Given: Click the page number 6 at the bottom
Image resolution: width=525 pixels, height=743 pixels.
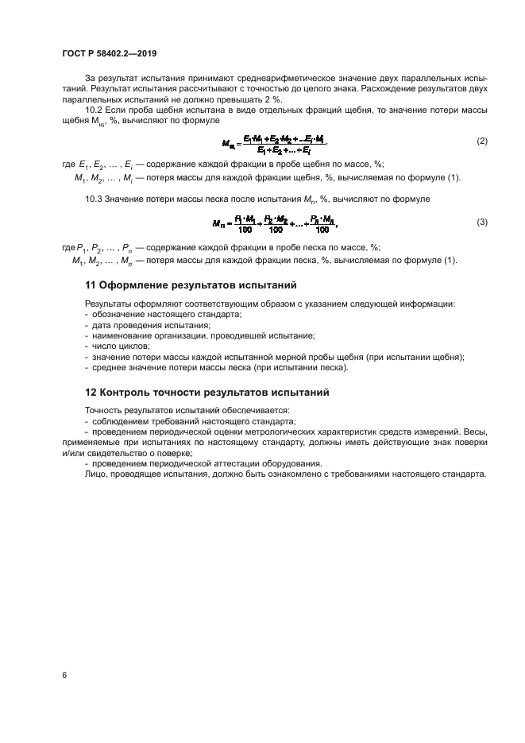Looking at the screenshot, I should tap(64, 675).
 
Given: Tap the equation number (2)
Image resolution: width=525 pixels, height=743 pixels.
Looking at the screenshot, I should tap(481, 141).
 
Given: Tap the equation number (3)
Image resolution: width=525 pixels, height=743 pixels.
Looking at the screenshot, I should tap(481, 223).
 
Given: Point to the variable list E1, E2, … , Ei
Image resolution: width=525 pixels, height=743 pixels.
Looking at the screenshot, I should tap(99, 164).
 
